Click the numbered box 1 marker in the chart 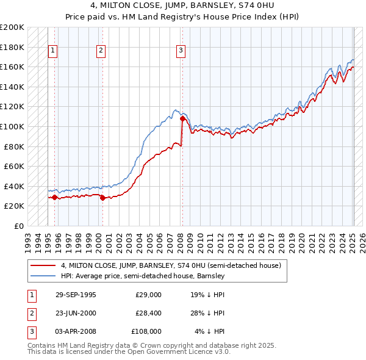pos(53,51)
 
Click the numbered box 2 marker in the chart pos(101,51)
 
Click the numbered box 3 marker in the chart pos(181,51)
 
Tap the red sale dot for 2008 pos(182,119)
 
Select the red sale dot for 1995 pos(54,197)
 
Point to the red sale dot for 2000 pos(102,198)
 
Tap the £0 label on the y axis pos(18,226)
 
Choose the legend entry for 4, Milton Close pos(170,265)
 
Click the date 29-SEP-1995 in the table pos(76,295)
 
